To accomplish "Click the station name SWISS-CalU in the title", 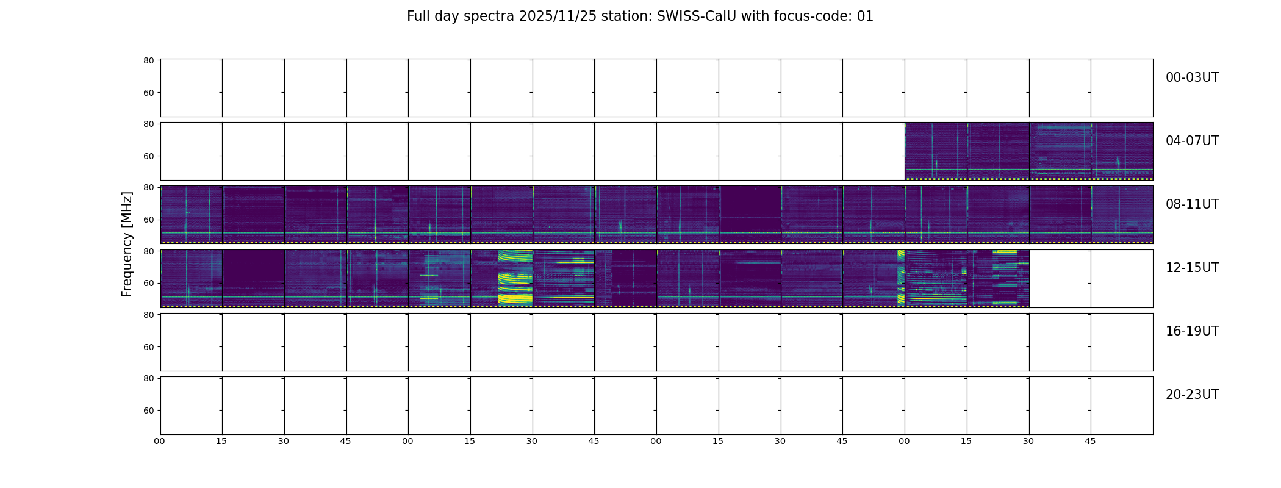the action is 697,16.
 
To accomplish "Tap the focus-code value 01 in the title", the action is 865,16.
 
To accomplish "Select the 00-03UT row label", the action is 1192,77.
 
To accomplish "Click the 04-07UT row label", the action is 1192,141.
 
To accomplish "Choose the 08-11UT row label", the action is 1192,204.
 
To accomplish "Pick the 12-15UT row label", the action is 1192,268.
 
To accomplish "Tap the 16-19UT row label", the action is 1192,331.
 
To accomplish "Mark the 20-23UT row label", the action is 1192,395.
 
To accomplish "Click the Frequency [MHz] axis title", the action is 127,244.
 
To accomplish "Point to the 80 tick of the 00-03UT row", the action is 148,60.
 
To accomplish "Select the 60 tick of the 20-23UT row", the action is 148,411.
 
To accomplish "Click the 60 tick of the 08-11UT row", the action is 148,220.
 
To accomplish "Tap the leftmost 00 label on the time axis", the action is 159,441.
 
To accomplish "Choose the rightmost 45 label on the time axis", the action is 1090,441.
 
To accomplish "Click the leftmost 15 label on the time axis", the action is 221,441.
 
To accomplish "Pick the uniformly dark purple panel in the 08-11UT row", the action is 750,214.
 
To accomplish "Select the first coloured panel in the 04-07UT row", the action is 936,151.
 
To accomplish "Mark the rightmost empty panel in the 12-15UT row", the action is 1122,279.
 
